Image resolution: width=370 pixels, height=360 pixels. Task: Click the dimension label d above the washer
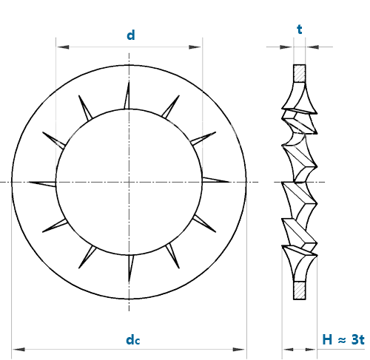[x=131, y=35]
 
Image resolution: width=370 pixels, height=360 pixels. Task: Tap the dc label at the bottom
[x=133, y=340]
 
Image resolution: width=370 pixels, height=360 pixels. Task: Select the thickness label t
[x=300, y=30]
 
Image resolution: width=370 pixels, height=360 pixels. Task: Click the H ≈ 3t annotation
[x=343, y=339]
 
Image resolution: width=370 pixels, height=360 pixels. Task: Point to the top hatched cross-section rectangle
[x=300, y=73]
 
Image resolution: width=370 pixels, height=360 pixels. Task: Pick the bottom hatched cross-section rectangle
[x=300, y=291]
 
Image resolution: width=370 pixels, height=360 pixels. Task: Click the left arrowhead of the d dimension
[x=62, y=47]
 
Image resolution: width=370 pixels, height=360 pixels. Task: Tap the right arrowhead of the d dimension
[x=195, y=47]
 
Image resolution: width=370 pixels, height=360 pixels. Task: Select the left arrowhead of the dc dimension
[x=18, y=349]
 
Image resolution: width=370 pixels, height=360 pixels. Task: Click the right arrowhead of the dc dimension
[x=239, y=349]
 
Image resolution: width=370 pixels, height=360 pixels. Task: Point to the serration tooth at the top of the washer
[x=127, y=95]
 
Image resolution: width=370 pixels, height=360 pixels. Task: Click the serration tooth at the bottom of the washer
[x=130, y=268]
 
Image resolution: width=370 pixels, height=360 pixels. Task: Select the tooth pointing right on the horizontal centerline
[x=216, y=180]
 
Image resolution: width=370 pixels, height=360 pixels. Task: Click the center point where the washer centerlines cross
[x=129, y=182]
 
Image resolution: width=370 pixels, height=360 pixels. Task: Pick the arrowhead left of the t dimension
[x=286, y=47]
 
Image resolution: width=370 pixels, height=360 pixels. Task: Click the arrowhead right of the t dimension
[x=312, y=47]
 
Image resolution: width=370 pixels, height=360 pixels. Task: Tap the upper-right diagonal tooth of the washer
[x=171, y=106]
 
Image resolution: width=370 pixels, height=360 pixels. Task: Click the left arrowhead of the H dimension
[x=288, y=349]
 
